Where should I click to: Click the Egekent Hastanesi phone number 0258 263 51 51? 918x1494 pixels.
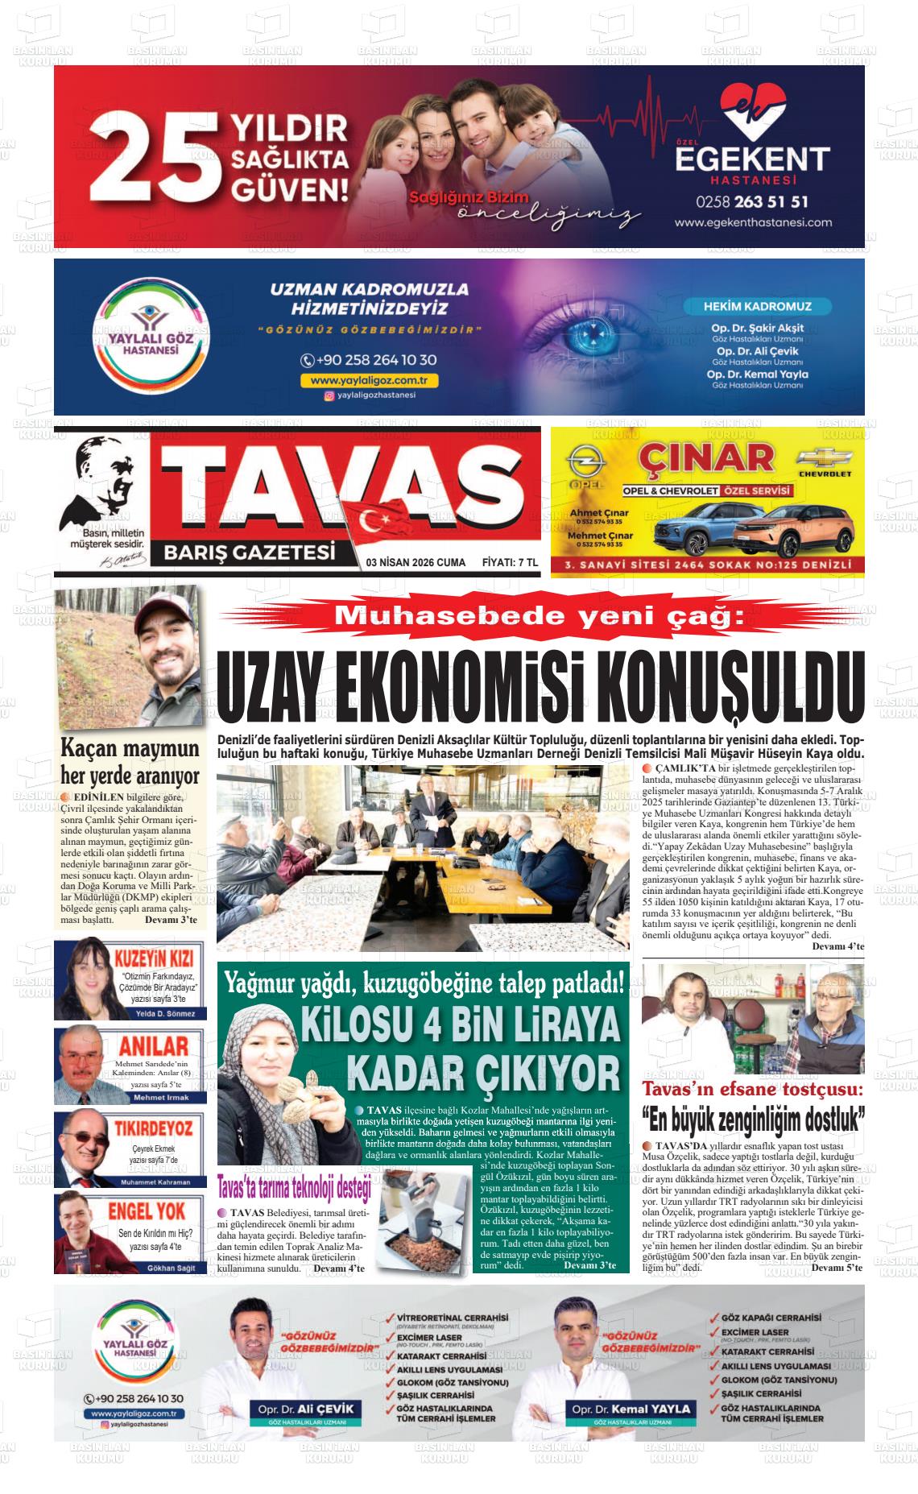(x=752, y=201)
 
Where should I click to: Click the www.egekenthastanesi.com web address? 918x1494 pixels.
(x=752, y=222)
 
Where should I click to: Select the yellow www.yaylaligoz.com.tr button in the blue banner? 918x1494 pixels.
(x=369, y=380)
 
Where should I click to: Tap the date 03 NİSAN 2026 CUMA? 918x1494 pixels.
(x=415, y=562)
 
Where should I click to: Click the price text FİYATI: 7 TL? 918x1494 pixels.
(x=510, y=562)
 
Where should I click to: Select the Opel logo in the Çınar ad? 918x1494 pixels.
(x=581, y=464)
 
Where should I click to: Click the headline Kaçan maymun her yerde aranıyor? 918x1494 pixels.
(x=130, y=761)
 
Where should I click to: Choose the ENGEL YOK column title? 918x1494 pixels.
(x=147, y=1211)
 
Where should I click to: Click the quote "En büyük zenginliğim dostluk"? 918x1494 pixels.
(x=753, y=1119)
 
